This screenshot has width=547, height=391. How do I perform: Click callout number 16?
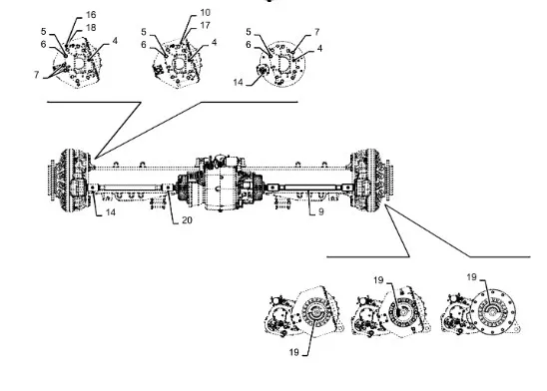point(91,15)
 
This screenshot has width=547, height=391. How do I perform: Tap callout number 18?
point(91,28)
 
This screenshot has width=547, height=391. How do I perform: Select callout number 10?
point(206,13)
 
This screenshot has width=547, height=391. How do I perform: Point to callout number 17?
point(206,26)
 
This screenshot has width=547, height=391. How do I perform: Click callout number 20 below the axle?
point(187,220)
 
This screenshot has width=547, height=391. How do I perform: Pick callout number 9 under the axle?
point(321,211)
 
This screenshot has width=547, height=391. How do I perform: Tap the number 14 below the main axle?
point(111,212)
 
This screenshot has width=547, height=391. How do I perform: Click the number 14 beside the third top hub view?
point(238,82)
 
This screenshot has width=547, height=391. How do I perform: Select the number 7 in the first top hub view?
point(37,74)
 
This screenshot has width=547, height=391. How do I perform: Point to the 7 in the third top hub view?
point(316,32)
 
